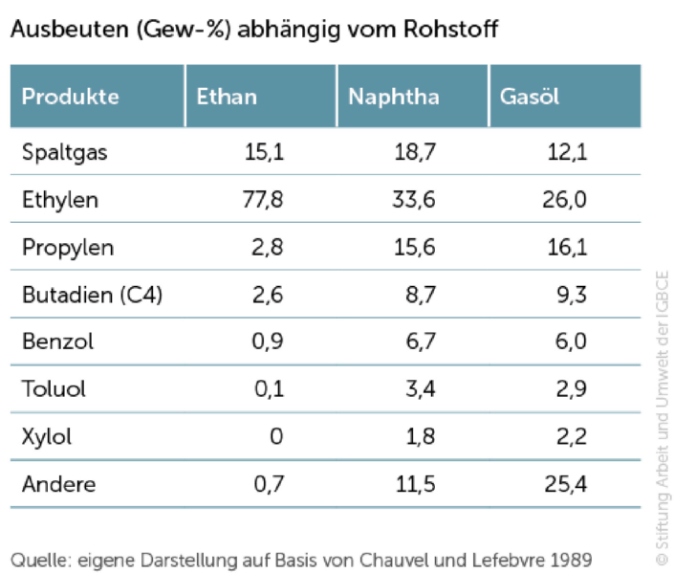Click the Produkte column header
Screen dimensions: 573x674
71,97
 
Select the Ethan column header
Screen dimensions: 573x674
227,97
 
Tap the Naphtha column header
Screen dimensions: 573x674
394,97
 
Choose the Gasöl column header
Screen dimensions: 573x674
531,97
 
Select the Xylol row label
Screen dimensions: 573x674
47,437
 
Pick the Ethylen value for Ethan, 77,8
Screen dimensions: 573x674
265,201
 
